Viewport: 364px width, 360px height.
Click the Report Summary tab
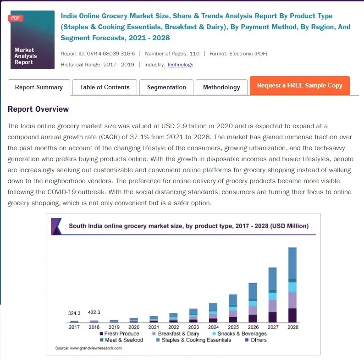[x=39, y=87]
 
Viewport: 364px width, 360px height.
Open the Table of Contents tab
[x=105, y=87]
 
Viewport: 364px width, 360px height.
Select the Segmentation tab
[x=166, y=87]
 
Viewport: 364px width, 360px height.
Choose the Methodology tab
[x=221, y=87]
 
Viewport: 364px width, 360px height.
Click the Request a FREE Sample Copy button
[x=299, y=86]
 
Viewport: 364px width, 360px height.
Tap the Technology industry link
[x=180, y=65]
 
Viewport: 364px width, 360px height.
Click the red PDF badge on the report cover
[x=16, y=18]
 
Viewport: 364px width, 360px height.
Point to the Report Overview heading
[x=38, y=109]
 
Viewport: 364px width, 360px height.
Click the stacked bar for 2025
[x=233, y=309]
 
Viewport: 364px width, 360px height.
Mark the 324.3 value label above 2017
[x=74, y=313]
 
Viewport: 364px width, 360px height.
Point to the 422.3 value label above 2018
[x=94, y=312]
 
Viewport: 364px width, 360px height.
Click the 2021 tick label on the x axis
[x=154, y=327]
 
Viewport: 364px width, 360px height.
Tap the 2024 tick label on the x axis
[x=213, y=327]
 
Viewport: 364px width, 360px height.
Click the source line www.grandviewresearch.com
[x=88, y=349]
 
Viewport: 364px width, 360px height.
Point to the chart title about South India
[x=188, y=226]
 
